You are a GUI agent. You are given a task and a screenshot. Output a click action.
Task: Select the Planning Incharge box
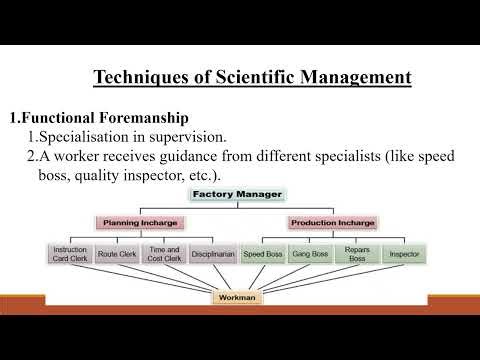pyautogui.click(x=141, y=222)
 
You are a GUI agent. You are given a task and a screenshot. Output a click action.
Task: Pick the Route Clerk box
pyautogui.click(x=116, y=254)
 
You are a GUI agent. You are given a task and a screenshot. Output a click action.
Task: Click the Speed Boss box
pyautogui.click(x=263, y=254)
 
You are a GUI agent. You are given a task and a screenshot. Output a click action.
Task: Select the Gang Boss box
pyautogui.click(x=309, y=254)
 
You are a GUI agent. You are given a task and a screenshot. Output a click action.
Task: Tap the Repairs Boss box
pyautogui.click(x=357, y=254)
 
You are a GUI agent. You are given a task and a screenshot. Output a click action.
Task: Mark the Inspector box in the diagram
pyautogui.click(x=403, y=254)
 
